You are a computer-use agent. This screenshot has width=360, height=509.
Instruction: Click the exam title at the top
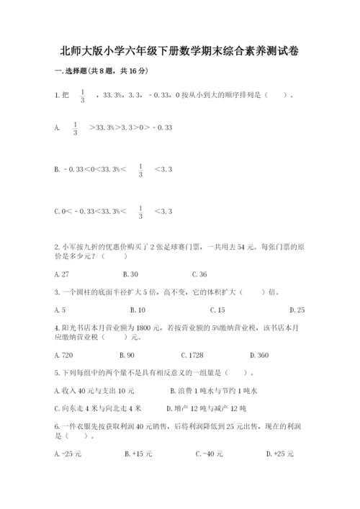coord(180,51)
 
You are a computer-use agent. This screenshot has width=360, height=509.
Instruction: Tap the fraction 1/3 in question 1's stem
coord(83,95)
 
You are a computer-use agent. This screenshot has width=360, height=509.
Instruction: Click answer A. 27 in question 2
coord(62,274)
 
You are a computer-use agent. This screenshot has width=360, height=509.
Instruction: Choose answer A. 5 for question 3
coord(60,310)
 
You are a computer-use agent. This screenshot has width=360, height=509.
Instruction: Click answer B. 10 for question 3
coord(138,310)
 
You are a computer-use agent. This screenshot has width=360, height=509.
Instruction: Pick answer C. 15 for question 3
coord(217,310)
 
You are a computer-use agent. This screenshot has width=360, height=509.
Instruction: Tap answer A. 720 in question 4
coord(64,355)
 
